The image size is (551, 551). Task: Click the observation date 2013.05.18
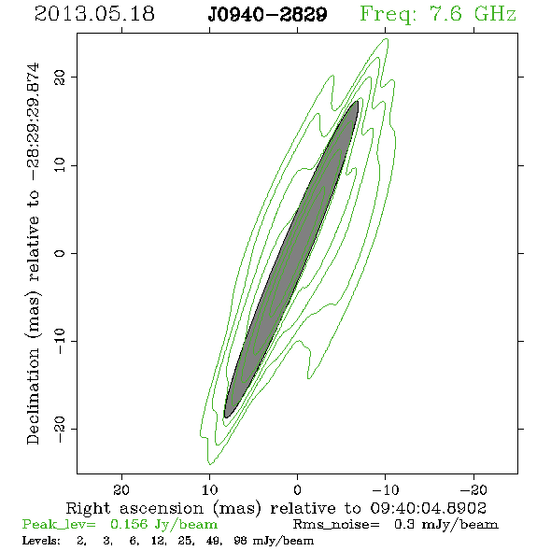(94, 14)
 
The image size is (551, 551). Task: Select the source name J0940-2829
(267, 15)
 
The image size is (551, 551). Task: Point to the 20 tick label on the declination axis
(60, 78)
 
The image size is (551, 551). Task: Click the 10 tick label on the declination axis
(60, 165)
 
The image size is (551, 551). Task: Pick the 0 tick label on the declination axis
(60, 253)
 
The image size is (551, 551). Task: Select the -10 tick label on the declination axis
(60, 341)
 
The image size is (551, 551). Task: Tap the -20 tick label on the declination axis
(60, 429)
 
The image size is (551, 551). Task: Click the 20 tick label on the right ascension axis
(121, 490)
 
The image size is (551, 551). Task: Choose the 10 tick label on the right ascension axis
(210, 490)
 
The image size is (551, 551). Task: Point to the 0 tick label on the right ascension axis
(297, 490)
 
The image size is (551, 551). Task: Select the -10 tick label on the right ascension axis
(386, 490)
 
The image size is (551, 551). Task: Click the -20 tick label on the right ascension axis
(473, 490)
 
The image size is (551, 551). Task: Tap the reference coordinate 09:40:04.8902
(429, 508)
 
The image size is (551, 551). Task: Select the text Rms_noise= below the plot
(336, 525)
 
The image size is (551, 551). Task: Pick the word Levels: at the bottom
(41, 541)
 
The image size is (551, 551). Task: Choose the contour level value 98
(240, 541)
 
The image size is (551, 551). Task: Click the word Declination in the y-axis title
(33, 397)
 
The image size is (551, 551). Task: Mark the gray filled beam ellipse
(291, 260)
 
